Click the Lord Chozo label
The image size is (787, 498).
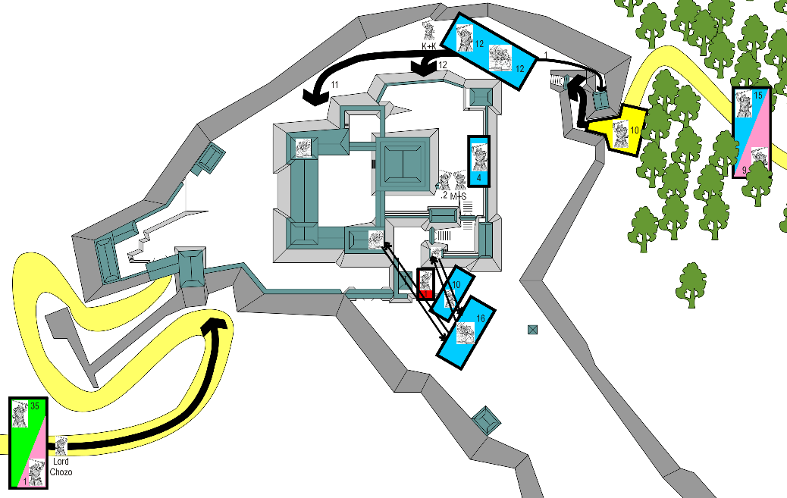(x=60, y=467)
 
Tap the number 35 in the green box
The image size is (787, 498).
(x=35, y=407)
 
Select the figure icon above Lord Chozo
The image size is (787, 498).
(x=61, y=446)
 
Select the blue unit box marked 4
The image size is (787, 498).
(x=479, y=161)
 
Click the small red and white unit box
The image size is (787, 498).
(x=425, y=284)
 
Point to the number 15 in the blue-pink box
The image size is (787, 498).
(x=758, y=96)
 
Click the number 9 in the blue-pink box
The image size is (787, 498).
(x=745, y=169)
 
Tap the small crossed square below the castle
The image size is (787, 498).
(x=532, y=330)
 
